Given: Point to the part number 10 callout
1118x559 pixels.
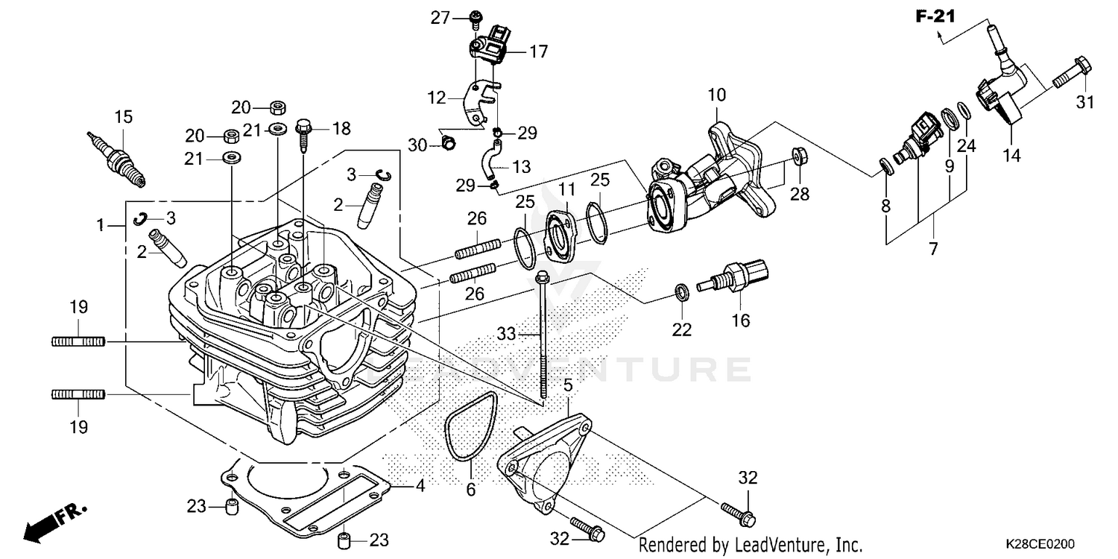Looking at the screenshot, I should [x=716, y=95].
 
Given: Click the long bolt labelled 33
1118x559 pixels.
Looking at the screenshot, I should [x=543, y=335].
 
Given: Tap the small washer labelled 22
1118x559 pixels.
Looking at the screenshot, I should [x=681, y=291].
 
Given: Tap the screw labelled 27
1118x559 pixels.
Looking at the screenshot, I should [x=475, y=16].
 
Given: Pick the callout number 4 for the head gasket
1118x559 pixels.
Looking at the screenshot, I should [x=420, y=487].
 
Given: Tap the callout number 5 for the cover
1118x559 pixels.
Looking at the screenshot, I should [x=567, y=385].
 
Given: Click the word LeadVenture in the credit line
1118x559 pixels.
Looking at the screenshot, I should [x=774, y=546].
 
